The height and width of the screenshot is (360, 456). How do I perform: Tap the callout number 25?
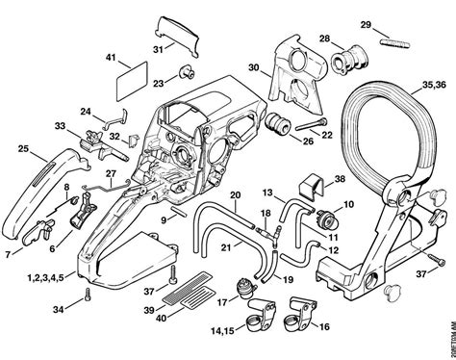coord(22,149)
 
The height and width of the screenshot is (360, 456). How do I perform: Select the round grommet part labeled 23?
coord(180,74)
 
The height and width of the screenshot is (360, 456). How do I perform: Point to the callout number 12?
coord(335,249)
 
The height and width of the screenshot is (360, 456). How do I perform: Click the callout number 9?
coord(165,219)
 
